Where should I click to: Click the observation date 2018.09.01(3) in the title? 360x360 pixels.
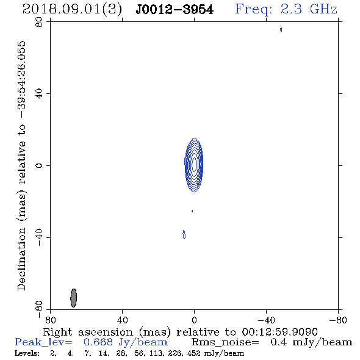pos(72,10)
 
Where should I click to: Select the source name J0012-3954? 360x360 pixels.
pos(175,10)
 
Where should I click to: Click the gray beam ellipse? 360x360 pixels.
pos(73,298)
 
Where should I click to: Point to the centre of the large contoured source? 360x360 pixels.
pos(194,165)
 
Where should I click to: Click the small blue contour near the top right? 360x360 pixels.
pos(281,29)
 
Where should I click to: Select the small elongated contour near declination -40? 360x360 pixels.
pos(184,234)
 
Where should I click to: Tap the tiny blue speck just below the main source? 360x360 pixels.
pos(192,211)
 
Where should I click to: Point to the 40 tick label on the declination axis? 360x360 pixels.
pos(39,94)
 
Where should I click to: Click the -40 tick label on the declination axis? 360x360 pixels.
pos(39,237)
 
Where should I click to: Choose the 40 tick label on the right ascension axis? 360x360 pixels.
pos(122,320)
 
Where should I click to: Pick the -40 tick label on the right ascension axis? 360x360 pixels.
pos(266,320)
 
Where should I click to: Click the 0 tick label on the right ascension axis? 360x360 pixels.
pos(194,320)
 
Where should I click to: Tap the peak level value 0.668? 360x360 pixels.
pos(98,342)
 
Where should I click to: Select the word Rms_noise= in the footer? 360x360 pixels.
pos(225,342)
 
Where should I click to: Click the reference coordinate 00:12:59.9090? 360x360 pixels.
pos(279,332)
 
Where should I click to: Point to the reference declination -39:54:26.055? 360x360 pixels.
pos(22,80)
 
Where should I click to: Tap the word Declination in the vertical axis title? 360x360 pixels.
pos(21,259)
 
